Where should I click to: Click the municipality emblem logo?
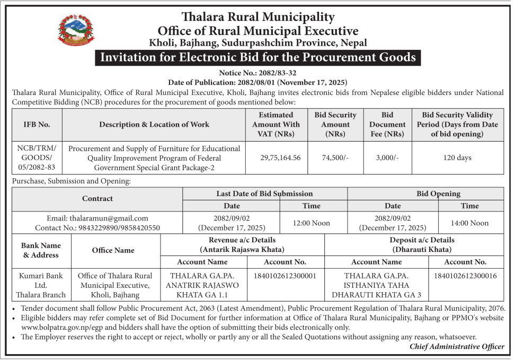pyautogui.click(x=77, y=31)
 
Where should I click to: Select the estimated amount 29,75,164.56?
pyautogui.click(x=280, y=157)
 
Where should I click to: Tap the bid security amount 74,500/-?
pyautogui.click(x=335, y=157)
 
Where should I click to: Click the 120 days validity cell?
pyautogui.click(x=457, y=157)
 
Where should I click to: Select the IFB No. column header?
pyautogui.click(x=37, y=125)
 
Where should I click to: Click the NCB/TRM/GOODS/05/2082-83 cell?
pyautogui.click(x=37, y=157)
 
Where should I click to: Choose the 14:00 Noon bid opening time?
pyautogui.click(x=469, y=223)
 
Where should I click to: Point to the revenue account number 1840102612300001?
pyautogui.click(x=285, y=276)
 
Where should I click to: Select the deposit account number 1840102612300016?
pyautogui.click(x=465, y=276)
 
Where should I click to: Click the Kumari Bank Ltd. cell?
pyautogui.click(x=41, y=285)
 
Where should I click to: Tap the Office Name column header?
pyautogui.click(x=113, y=250)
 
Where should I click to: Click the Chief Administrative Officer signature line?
pyautogui.click(x=457, y=347)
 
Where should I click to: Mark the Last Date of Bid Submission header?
pyautogui.click(x=264, y=194)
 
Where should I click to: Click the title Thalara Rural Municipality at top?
pyautogui.click(x=257, y=17)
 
